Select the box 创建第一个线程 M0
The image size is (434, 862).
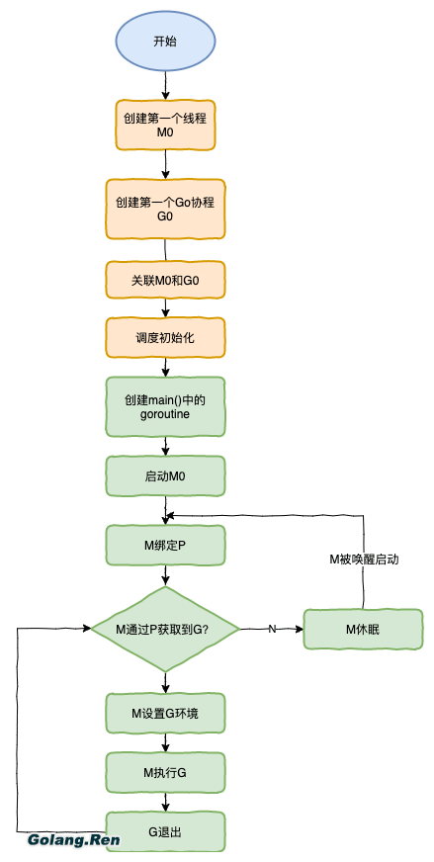[165, 124]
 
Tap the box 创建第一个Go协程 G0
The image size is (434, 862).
[165, 208]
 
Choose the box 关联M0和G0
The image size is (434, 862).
[165, 281]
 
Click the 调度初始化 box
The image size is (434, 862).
[165, 337]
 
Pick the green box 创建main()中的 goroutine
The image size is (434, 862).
[165, 406]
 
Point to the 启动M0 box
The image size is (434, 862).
[165, 475]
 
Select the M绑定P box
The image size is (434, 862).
[165, 545]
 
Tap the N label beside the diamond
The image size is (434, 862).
[272, 629]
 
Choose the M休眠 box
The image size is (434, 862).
[363, 629]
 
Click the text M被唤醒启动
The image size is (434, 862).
[364, 560]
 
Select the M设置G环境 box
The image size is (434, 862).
[165, 713]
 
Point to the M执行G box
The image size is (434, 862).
[165, 772]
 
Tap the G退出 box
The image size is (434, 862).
[165, 831]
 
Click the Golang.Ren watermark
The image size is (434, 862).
[73, 840]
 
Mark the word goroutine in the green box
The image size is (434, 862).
[165, 414]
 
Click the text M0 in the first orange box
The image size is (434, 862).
[165, 131]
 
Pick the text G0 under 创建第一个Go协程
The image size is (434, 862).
[165, 215]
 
